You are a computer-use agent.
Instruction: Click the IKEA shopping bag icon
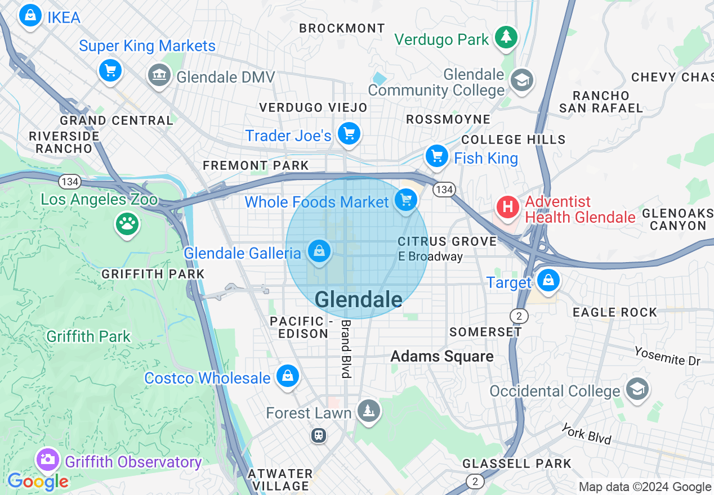(30, 16)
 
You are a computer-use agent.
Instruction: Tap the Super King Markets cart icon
(110, 70)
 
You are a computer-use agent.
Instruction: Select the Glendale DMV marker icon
(159, 74)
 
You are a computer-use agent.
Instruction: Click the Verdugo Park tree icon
(506, 37)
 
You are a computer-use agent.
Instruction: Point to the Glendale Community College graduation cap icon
(521, 80)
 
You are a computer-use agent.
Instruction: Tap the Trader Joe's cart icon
(349, 134)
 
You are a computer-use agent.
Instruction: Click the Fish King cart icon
(436, 156)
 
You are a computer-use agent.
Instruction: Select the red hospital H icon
(507, 207)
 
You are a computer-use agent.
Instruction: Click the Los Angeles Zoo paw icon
(127, 224)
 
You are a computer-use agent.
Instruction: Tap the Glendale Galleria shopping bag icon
(319, 251)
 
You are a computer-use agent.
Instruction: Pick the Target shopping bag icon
(548, 280)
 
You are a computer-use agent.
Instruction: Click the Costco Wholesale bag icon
(288, 376)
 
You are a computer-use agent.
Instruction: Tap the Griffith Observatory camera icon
(48, 460)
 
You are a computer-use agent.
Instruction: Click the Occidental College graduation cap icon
(637, 389)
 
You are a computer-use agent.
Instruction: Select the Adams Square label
(442, 356)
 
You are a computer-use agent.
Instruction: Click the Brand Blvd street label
(346, 349)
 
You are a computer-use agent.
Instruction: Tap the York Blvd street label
(586, 434)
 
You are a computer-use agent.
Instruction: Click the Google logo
(38, 481)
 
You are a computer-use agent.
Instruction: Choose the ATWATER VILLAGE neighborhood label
(280, 480)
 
